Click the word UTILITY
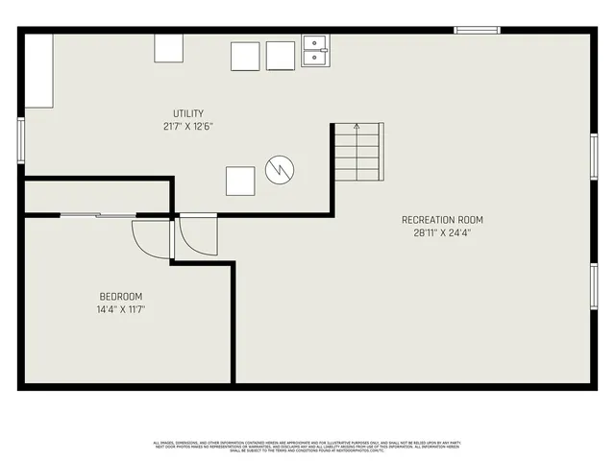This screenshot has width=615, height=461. (x=188, y=113)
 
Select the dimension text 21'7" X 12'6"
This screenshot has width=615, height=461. (x=188, y=126)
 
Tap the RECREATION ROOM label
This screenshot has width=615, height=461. (x=443, y=220)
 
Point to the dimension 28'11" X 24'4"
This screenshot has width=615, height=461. (x=443, y=232)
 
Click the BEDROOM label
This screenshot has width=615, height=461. (x=121, y=296)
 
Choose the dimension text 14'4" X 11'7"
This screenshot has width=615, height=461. (x=121, y=309)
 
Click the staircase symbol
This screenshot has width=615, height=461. (x=358, y=154)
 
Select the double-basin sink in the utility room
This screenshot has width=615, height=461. (x=315, y=51)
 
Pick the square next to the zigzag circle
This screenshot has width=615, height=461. (x=240, y=181)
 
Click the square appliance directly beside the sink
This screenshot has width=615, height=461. (x=281, y=57)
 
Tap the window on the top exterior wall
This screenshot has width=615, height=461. (x=477, y=31)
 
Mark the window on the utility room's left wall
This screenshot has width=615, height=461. (x=20, y=135)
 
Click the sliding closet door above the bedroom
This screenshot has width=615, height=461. (x=96, y=215)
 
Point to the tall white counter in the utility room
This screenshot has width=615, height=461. (x=40, y=73)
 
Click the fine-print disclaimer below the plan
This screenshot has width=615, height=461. (x=307, y=446)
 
